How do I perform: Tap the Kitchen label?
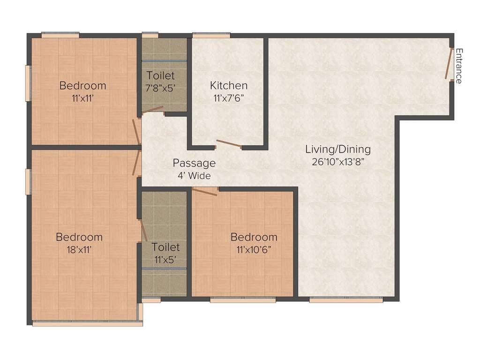(228, 86)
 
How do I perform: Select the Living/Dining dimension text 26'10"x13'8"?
(338, 162)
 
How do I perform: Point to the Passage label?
(194, 163)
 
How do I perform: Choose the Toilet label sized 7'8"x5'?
(160, 75)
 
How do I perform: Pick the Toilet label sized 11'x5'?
(165, 247)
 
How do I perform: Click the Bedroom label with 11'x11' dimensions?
(82, 86)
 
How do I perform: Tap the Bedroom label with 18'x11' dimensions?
(79, 237)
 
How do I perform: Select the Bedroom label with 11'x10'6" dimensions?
(254, 237)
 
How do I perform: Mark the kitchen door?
(228, 144)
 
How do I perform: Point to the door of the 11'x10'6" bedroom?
(205, 191)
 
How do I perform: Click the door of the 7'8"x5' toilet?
(152, 110)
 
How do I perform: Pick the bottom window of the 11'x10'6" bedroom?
(242, 299)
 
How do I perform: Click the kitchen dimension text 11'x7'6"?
(228, 99)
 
